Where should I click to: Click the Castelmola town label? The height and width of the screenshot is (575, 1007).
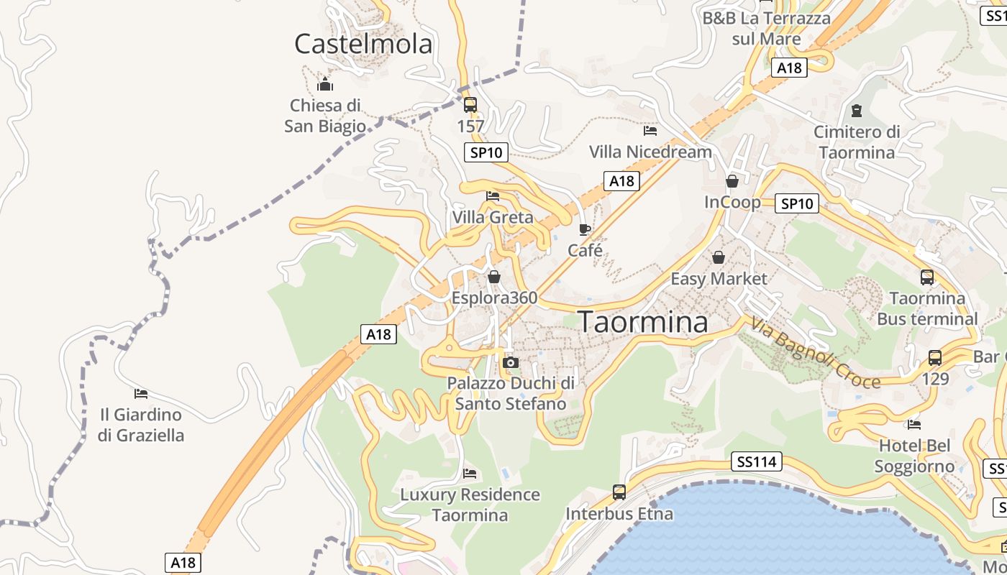363,44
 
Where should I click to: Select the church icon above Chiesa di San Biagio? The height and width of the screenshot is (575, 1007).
325,84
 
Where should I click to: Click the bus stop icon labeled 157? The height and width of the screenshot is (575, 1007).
470,105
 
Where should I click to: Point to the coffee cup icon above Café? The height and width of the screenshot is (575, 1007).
585,230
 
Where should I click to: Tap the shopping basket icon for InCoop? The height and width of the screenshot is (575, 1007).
732,181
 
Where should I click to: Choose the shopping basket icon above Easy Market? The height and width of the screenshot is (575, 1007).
718,257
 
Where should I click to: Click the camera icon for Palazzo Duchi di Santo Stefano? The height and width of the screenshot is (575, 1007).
511,362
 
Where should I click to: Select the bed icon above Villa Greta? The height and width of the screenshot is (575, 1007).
493,195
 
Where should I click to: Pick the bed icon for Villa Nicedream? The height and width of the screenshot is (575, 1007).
650,131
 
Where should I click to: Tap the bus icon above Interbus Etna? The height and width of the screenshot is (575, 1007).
619,492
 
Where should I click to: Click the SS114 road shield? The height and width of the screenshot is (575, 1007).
756,461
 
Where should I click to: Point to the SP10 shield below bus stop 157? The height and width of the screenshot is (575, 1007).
486,152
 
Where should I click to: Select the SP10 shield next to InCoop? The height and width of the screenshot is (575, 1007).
797,203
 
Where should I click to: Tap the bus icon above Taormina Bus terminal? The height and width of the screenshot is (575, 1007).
927,277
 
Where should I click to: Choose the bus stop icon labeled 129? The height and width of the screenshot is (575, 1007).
935,357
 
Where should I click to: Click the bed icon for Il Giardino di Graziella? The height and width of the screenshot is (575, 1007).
141,394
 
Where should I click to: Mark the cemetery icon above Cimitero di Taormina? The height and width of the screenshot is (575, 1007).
856,111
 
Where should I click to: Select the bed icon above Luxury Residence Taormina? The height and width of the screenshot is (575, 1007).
470,474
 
